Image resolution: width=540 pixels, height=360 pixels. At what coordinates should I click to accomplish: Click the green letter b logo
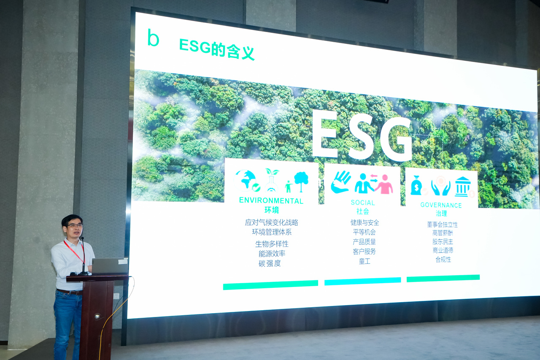[153, 38]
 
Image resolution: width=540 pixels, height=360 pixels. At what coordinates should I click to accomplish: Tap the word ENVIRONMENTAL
[271, 200]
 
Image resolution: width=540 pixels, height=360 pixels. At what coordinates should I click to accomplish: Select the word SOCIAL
[363, 203]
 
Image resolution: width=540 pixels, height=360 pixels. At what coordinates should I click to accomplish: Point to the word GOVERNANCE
[441, 205]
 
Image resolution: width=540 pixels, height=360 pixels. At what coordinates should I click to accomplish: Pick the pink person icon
[384, 184]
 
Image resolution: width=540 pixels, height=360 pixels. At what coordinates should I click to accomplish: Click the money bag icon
[416, 185]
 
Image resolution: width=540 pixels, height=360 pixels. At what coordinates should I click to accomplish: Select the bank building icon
[463, 187]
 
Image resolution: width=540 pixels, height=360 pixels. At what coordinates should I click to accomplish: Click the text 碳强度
[270, 263]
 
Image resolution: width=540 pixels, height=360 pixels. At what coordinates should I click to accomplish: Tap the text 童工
[364, 261]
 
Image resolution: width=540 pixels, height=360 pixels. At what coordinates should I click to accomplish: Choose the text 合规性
[443, 260]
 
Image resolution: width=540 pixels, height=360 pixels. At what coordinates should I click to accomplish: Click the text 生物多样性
[272, 244]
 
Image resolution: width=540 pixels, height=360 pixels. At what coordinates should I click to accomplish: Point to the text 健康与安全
[365, 222]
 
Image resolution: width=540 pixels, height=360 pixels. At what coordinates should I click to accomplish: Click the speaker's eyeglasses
[75, 226]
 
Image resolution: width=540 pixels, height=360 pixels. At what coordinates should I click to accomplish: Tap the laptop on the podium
[110, 266]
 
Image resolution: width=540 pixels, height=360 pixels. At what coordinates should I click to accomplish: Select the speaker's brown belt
[70, 292]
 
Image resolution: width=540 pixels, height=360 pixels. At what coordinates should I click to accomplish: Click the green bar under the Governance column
[443, 278]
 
